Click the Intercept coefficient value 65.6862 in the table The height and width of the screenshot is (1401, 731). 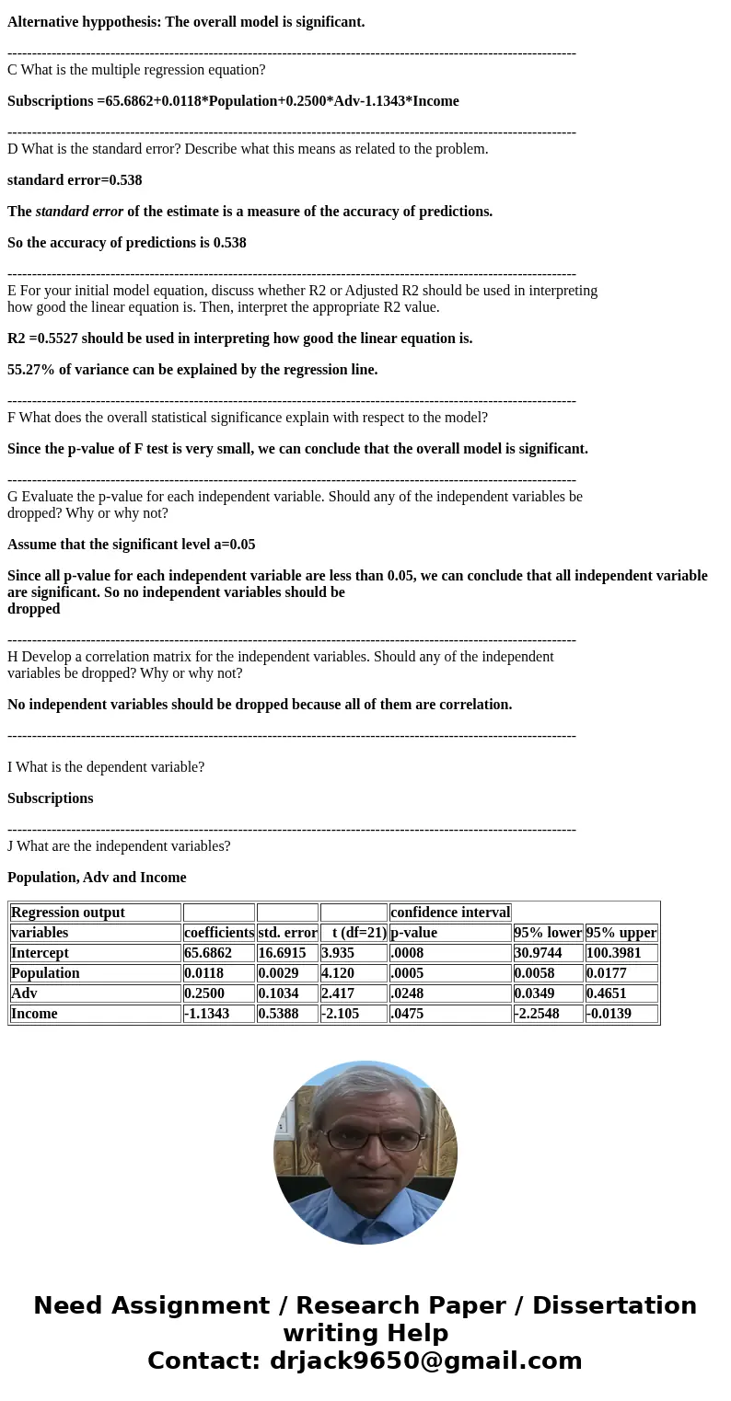208,953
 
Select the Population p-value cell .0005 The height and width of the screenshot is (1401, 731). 407,973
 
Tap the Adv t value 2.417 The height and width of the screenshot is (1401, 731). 338,993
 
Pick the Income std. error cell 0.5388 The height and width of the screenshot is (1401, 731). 282,1014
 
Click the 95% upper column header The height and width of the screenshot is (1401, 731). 621,933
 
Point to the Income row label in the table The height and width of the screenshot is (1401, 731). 34,1014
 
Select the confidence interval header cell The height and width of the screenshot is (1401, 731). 450,913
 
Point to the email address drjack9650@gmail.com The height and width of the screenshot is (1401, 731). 425,1361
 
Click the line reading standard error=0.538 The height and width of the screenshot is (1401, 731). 75,180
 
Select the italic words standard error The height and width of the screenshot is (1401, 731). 79,212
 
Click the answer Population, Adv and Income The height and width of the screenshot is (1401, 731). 97,878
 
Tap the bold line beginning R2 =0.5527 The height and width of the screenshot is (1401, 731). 239,339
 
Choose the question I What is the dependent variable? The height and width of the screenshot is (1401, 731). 106,767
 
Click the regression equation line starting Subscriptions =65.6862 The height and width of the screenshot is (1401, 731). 233,101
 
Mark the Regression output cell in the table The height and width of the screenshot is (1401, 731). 68,913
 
